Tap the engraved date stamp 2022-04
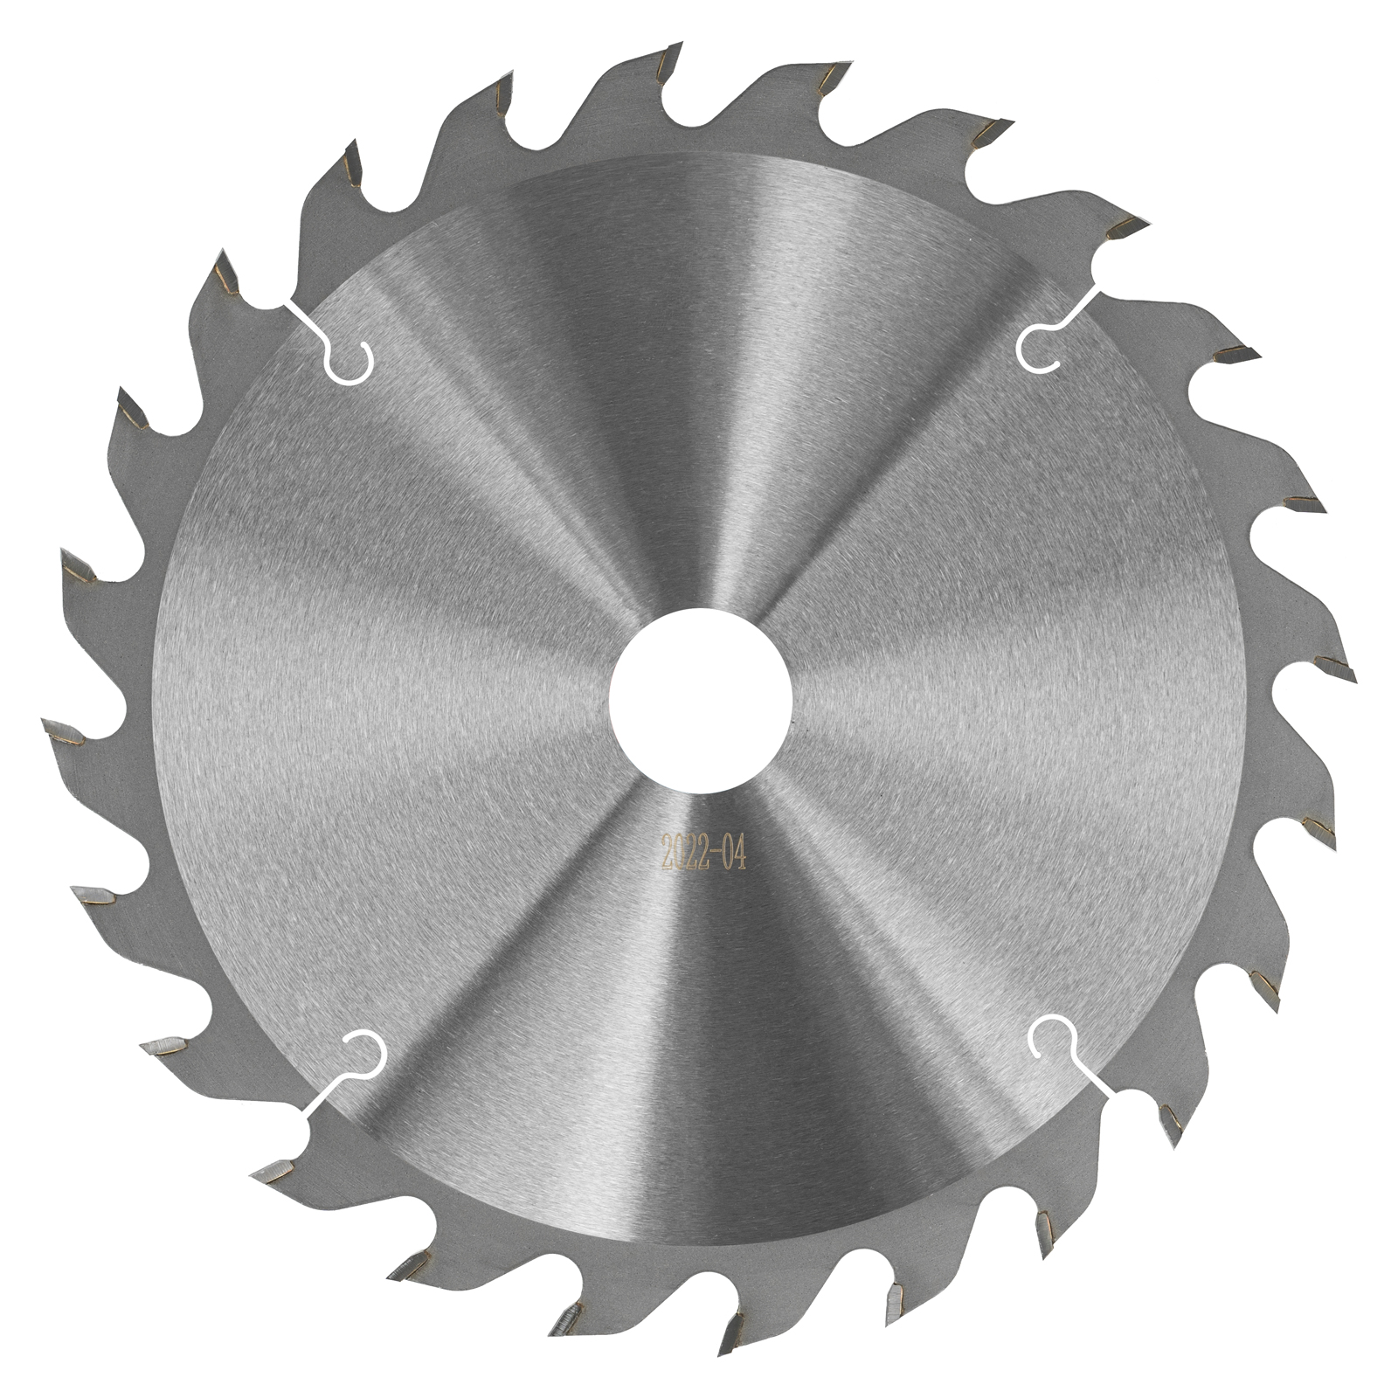tap(704, 852)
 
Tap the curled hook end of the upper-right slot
tap(1038, 348)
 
